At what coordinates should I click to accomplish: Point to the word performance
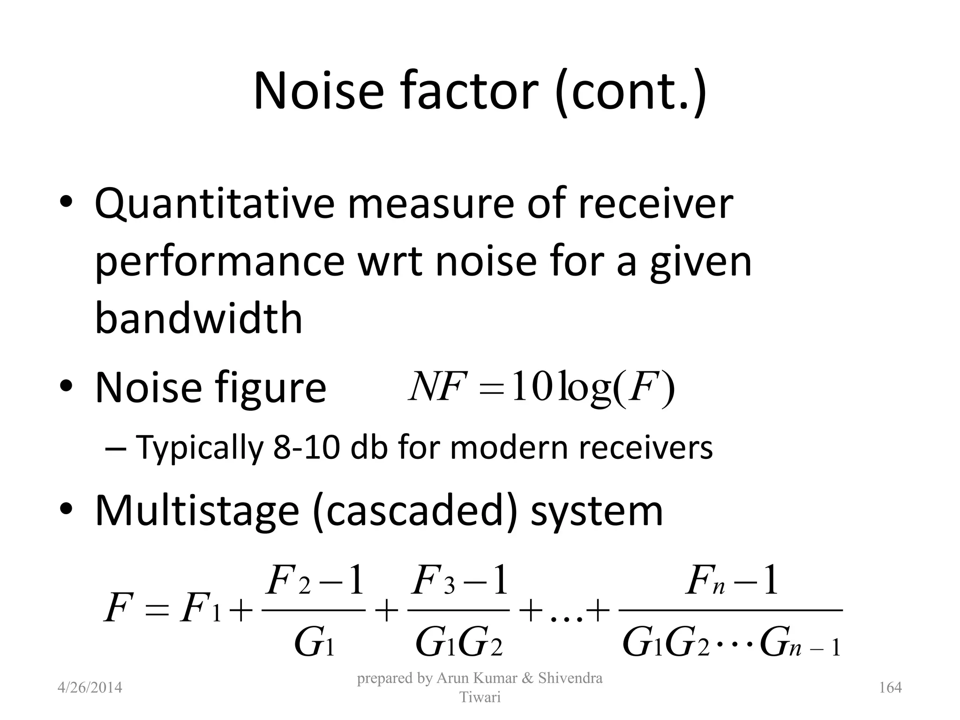click(219, 262)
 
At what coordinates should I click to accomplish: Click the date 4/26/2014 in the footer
click(90, 688)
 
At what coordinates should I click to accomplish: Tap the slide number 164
click(890, 688)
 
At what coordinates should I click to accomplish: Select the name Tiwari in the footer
click(480, 697)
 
